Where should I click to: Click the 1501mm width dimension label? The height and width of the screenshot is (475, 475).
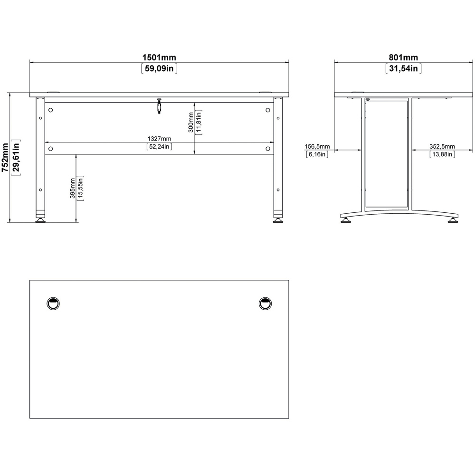pyautogui.click(x=160, y=57)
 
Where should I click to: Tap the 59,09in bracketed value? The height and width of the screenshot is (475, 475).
pyautogui.click(x=160, y=68)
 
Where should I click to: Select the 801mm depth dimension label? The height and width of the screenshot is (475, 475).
pyautogui.click(x=403, y=57)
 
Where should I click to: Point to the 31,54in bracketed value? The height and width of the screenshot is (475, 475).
pyautogui.click(x=403, y=68)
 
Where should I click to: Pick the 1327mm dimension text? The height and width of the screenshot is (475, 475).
pyautogui.click(x=159, y=138)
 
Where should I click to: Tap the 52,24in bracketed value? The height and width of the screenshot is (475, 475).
pyautogui.click(x=159, y=147)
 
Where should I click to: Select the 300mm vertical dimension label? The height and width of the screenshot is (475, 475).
pyautogui.click(x=190, y=122)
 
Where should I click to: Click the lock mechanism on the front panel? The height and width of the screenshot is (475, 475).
pyautogui.click(x=159, y=106)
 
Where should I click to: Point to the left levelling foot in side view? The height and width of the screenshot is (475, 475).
pyautogui.click(x=346, y=220)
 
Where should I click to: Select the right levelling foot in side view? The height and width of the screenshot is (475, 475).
pyautogui.click(x=454, y=220)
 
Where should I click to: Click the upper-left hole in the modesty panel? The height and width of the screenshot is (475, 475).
pyautogui.click(x=51, y=110)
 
